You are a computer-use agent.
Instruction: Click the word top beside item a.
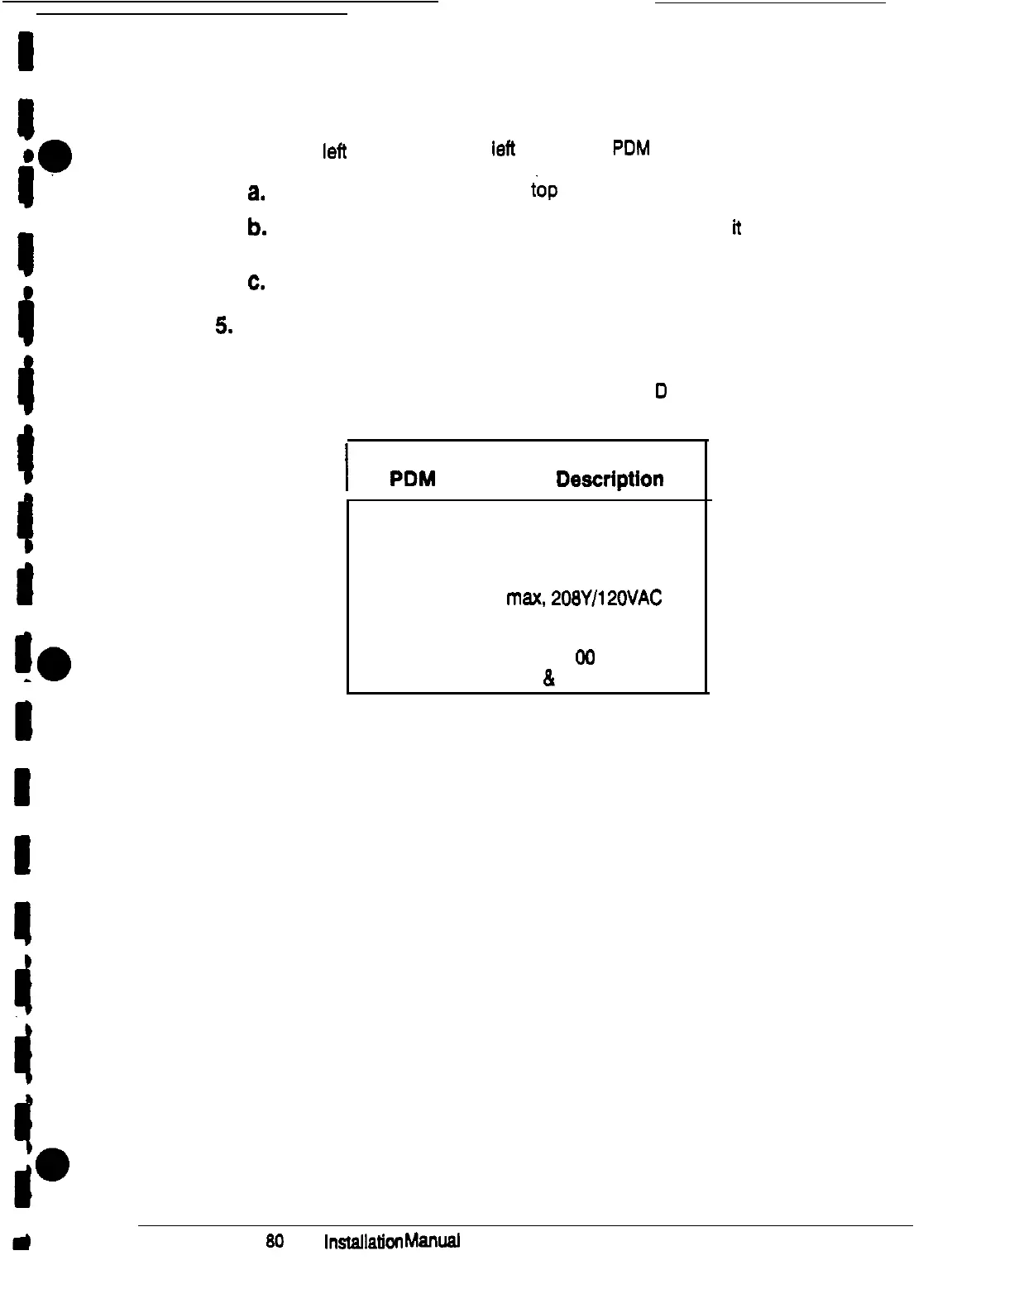tap(543, 191)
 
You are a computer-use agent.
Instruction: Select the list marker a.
tap(256, 193)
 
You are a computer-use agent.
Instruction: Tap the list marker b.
tap(256, 229)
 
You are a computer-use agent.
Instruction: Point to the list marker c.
tap(256, 282)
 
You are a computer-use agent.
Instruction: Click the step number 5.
tap(223, 327)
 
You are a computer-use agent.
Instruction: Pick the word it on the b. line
tap(735, 229)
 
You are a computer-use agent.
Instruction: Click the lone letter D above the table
tap(661, 391)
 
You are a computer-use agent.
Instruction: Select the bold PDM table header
tap(413, 480)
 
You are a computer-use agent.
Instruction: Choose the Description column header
tap(610, 480)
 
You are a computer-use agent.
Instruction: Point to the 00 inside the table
tap(584, 657)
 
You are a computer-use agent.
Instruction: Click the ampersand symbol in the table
tap(548, 680)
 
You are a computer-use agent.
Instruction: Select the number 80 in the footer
tap(275, 1242)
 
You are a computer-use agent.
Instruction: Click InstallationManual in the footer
tap(391, 1242)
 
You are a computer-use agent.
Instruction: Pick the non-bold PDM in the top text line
tap(630, 149)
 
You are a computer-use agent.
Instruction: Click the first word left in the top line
tap(334, 152)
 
